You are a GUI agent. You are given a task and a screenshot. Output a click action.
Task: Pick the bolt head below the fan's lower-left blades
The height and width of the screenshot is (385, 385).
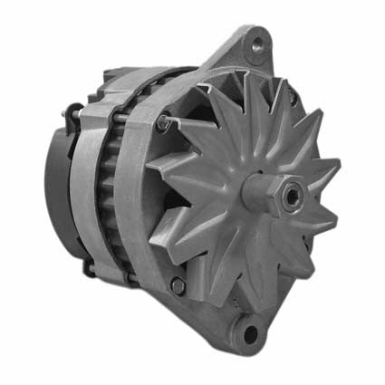coord(178,285)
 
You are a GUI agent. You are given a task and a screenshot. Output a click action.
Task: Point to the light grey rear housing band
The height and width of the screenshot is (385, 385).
coord(87,181)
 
